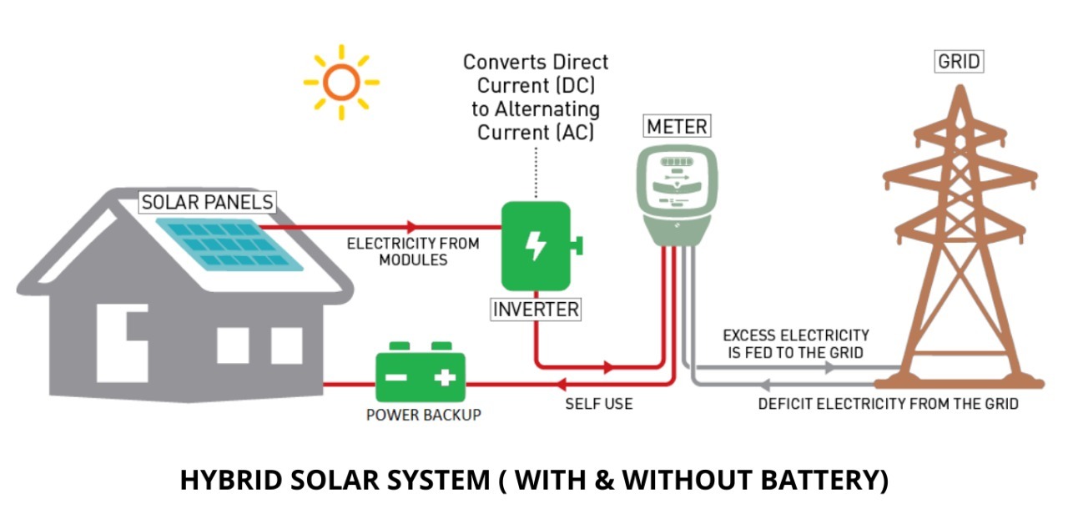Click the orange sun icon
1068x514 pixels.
340,82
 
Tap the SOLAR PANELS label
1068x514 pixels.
208,202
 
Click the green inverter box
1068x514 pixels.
536,246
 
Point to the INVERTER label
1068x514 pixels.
536,310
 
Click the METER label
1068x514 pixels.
677,127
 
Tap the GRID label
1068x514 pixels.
959,62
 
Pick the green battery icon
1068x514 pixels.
421,376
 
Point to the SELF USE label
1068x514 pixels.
598,404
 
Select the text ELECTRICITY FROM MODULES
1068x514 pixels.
413,251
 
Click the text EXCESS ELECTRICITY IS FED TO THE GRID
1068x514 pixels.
795,343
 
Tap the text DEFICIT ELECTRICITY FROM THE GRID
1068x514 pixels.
888,404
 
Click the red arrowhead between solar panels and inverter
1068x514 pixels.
411,226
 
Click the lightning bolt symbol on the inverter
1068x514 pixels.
535,245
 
